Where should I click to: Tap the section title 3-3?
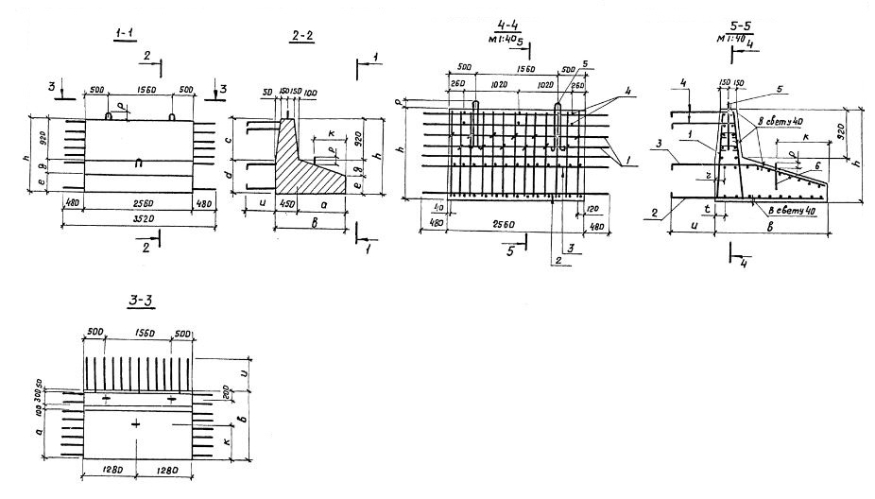139,303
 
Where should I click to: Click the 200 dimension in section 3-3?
213,390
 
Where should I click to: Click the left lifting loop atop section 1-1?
111,115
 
